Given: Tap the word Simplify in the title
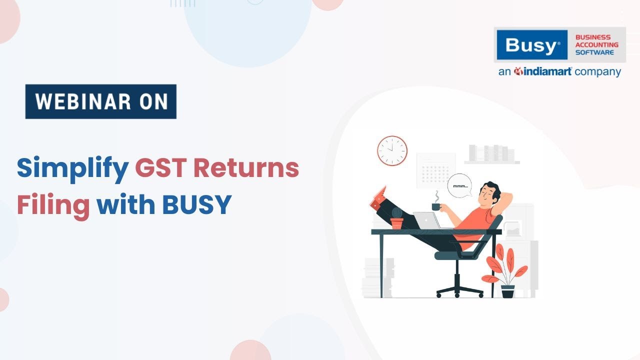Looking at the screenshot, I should pyautogui.click(x=72, y=168).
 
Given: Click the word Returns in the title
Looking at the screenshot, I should pyautogui.click(x=246, y=168).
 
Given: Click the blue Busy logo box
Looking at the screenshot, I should pyautogui.click(x=531, y=45).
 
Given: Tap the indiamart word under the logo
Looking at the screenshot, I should pyautogui.click(x=543, y=72).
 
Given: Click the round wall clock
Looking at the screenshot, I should pyautogui.click(x=392, y=151).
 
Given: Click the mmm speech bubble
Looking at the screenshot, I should pyautogui.click(x=459, y=185).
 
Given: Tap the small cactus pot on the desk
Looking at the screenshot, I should pyautogui.click(x=396, y=219).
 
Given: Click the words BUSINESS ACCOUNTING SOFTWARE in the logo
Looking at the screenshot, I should pyautogui.click(x=596, y=45).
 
